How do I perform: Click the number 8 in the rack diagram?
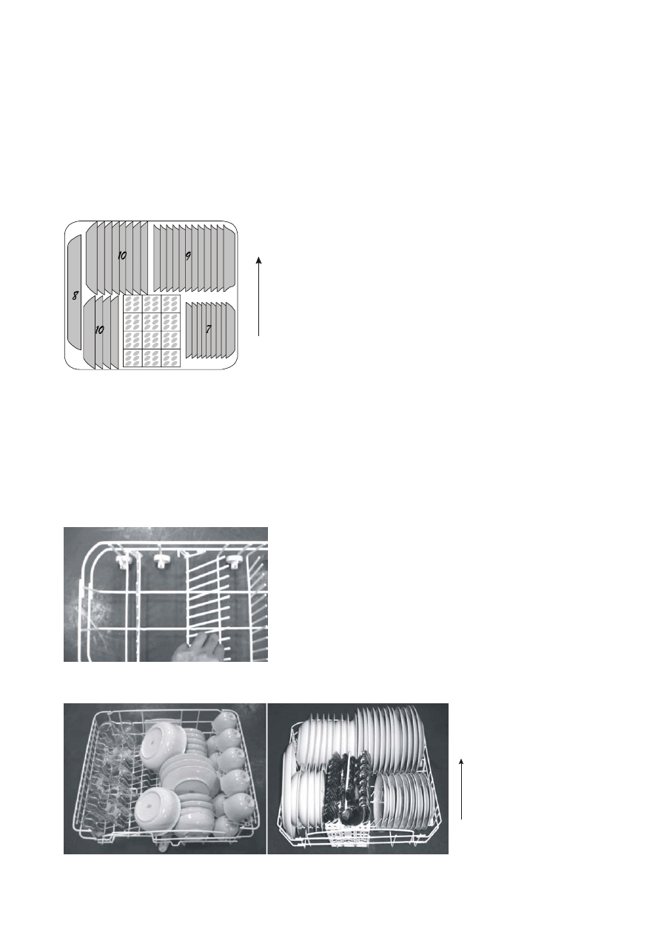click(x=75, y=296)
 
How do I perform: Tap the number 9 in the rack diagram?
click(x=188, y=256)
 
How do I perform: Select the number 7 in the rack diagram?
click(x=208, y=329)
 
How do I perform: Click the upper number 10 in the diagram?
click(x=122, y=255)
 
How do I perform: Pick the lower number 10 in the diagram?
click(x=99, y=329)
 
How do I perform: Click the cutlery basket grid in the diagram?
click(x=152, y=332)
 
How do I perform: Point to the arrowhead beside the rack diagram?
click(x=259, y=260)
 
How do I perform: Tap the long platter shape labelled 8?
click(x=74, y=292)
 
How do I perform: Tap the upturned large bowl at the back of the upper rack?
click(x=158, y=736)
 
